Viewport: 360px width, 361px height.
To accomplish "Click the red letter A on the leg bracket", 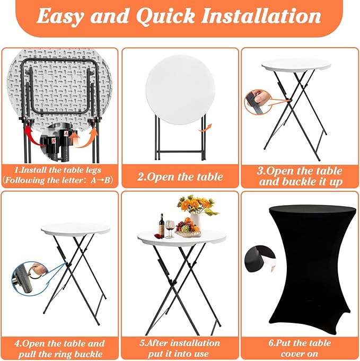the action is (x=66, y=133).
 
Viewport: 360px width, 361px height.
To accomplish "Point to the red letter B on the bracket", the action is (x=54, y=140).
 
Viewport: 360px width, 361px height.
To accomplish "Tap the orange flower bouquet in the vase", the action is (x=196, y=205).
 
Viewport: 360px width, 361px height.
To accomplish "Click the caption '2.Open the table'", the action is (x=180, y=177).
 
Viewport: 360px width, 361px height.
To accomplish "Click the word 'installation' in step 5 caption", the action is (x=194, y=343).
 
